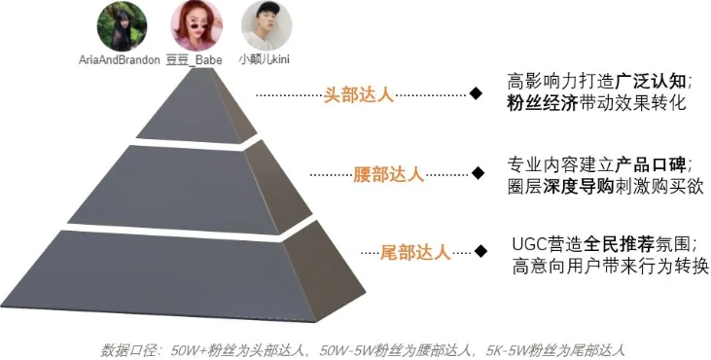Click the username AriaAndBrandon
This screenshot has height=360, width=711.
point(120,59)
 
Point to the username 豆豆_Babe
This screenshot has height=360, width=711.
point(195,59)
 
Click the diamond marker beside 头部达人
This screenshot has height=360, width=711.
point(476,94)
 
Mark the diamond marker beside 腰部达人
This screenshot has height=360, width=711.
point(478,173)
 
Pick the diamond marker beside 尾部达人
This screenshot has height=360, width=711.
point(480,251)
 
